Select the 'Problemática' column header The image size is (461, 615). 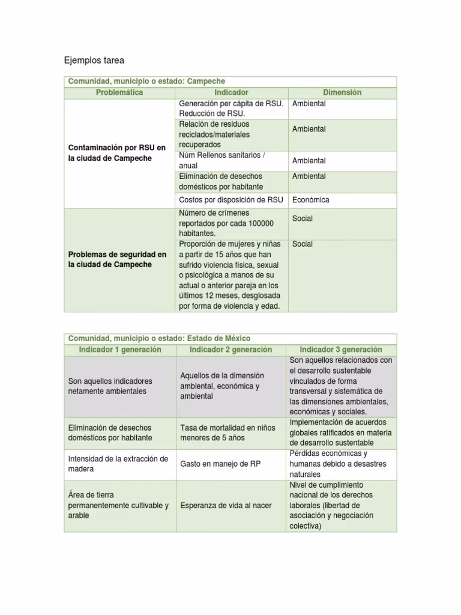pos(119,92)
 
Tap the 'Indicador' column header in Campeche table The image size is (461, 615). pos(231,92)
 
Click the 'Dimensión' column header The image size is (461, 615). pos(342,92)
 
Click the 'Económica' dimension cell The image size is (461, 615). pos(310,200)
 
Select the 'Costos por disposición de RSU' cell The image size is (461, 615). pos(230,200)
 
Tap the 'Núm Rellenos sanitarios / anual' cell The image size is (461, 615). pos(222,160)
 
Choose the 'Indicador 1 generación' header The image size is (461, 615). pos(120,350)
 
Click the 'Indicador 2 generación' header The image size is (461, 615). pos(230,350)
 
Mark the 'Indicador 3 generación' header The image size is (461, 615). pos(341,350)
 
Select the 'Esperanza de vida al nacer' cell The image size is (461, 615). pos(224,505)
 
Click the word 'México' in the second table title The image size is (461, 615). pos(235,338)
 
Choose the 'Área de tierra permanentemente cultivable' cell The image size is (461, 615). pos(118,505)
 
